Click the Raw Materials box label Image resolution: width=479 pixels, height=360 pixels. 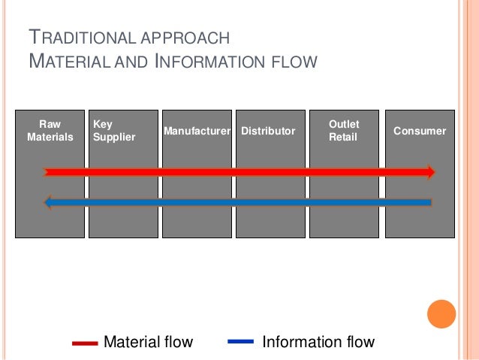(x=50, y=130)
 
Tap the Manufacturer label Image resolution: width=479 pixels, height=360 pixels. (x=197, y=131)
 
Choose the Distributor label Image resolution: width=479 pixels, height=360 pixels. (x=268, y=131)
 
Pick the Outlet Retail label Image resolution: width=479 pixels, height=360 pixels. (x=344, y=130)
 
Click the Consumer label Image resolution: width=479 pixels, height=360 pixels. (x=420, y=131)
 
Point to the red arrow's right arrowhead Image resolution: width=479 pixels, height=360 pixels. (x=430, y=172)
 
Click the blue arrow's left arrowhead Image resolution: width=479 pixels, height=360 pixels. (x=49, y=201)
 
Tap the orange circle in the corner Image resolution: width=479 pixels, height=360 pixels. (x=441, y=313)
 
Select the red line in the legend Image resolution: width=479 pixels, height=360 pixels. (x=84, y=343)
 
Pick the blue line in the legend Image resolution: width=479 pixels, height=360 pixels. (x=239, y=343)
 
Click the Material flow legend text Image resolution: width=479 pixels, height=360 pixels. (x=148, y=343)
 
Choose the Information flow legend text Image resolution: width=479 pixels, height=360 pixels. (x=318, y=343)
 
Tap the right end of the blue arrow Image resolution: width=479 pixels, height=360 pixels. (x=429, y=201)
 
